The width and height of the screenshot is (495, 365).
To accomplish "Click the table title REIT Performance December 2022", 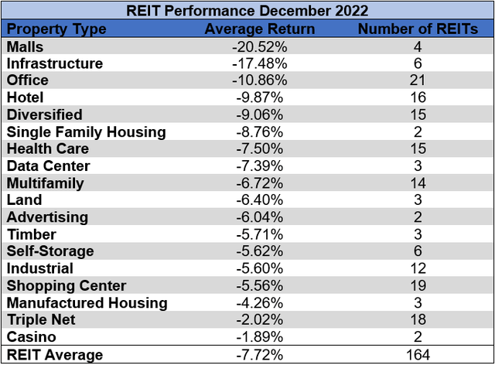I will tap(247, 11).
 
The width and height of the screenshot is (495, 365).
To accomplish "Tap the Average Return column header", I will tap(259, 29).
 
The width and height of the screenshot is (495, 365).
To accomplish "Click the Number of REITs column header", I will tap(417, 29).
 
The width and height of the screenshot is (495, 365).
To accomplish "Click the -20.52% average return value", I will tap(261, 46).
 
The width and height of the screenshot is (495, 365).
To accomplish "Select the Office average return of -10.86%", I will tap(261, 80).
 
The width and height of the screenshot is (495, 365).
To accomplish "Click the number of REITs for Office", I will tap(417, 80).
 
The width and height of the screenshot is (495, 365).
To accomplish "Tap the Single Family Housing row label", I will tap(86, 131).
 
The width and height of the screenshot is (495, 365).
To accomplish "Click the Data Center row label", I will tap(48, 165).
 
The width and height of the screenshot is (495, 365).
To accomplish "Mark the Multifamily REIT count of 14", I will tap(417, 182).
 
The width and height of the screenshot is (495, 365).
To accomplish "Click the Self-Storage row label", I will tap(49, 251).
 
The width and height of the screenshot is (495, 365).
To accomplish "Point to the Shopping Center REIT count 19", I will tap(417, 285).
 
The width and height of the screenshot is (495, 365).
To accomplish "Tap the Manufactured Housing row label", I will tap(86, 302).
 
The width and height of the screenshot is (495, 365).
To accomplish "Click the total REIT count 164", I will tap(417, 355).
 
